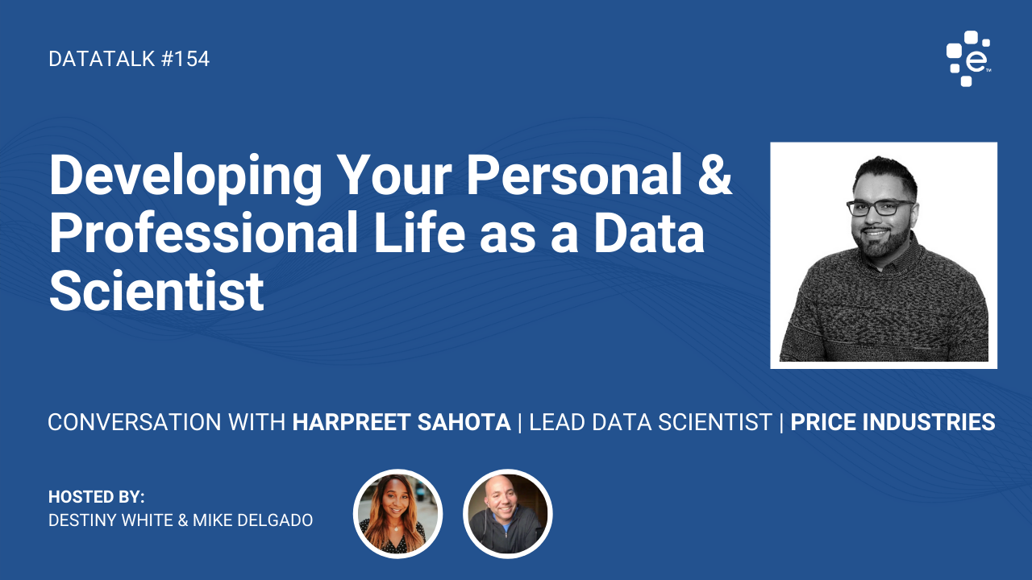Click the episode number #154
(185, 59)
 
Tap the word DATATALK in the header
(102, 59)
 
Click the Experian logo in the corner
(968, 59)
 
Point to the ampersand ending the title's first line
(714, 175)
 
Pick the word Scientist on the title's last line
(156, 290)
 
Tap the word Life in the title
(419, 232)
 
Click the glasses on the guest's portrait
(880, 208)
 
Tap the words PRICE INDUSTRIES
(893, 422)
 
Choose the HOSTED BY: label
(96, 497)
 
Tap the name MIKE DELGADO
(252, 520)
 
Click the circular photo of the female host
(398, 514)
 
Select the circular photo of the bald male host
(508, 514)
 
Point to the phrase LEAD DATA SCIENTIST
(651, 422)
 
